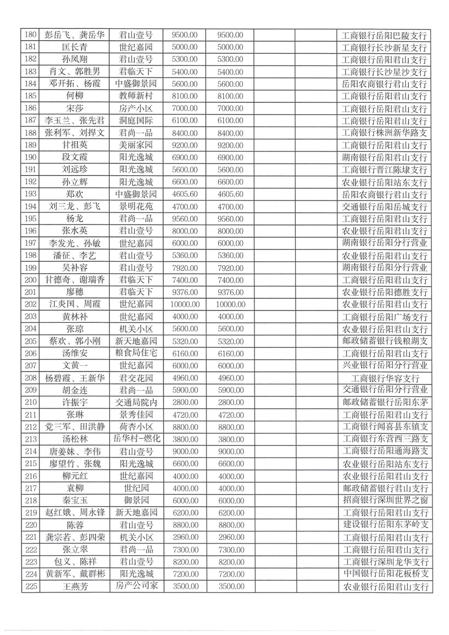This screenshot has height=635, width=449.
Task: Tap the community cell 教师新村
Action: tap(136, 96)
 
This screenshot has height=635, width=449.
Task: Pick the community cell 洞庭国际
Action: tap(136, 120)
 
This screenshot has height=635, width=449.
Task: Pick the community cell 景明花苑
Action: tap(136, 206)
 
